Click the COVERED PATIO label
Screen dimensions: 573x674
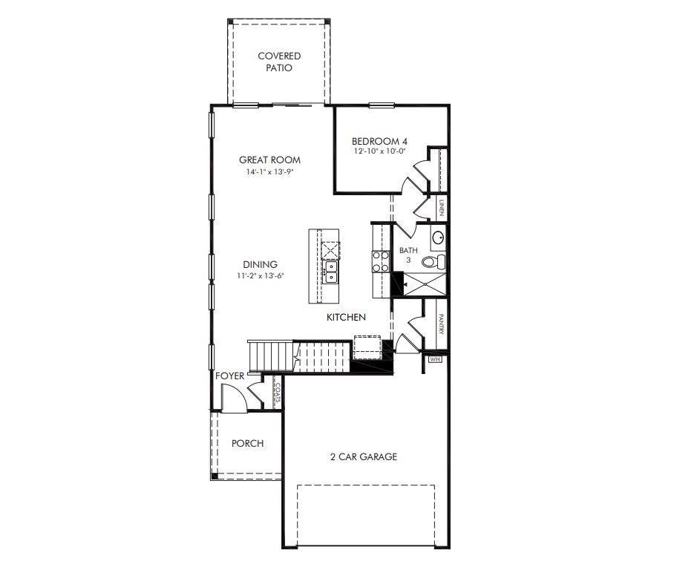click(279, 62)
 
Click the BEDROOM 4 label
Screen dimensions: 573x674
click(379, 141)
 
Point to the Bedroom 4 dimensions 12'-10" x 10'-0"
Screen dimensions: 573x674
click(379, 152)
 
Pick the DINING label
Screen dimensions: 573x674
click(260, 264)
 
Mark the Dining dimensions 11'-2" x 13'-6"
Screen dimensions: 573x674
click(260, 275)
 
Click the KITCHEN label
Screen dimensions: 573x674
click(347, 317)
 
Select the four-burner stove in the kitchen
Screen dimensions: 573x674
click(381, 261)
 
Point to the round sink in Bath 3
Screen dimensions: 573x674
click(439, 238)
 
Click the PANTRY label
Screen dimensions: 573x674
click(440, 324)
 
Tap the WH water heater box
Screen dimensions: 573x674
click(435, 360)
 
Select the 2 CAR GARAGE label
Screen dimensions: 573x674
click(364, 456)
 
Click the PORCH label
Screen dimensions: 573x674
click(247, 443)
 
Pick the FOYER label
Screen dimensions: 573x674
click(230, 376)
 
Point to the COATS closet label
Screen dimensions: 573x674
click(277, 393)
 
